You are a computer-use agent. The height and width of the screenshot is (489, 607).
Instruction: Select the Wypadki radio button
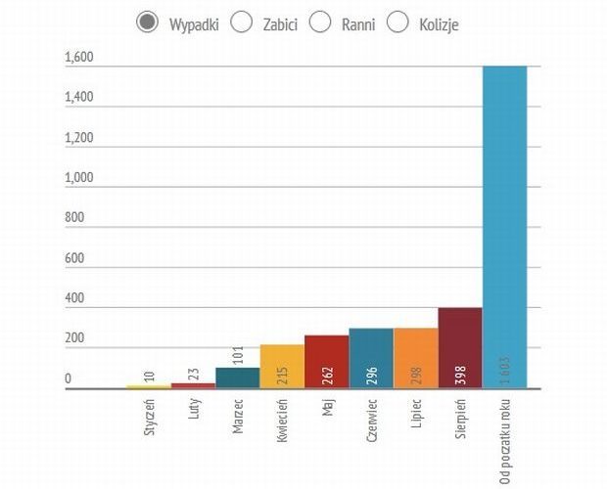click(x=148, y=22)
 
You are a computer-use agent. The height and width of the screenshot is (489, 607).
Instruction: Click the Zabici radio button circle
click(x=242, y=22)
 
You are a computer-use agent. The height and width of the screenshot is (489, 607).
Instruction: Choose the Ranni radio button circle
click(x=320, y=22)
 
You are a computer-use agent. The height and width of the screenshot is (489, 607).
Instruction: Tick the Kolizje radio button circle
click(x=397, y=22)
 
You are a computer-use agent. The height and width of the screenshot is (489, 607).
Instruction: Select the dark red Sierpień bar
click(x=459, y=348)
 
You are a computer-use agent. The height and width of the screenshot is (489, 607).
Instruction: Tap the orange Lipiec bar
click(x=415, y=358)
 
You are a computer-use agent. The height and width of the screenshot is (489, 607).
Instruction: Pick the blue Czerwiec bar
click(x=370, y=358)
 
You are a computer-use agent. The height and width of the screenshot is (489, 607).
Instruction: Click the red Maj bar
click(x=326, y=362)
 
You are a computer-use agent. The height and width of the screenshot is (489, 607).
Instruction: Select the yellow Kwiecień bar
click(x=282, y=367)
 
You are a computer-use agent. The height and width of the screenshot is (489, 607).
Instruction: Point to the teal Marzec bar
click(x=237, y=378)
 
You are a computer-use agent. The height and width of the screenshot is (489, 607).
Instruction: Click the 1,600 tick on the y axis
click(x=78, y=57)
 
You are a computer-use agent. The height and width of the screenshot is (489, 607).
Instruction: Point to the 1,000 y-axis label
click(x=78, y=178)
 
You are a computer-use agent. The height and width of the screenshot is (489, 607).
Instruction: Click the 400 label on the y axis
click(x=74, y=298)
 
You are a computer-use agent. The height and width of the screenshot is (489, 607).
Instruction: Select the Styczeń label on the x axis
click(x=150, y=417)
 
